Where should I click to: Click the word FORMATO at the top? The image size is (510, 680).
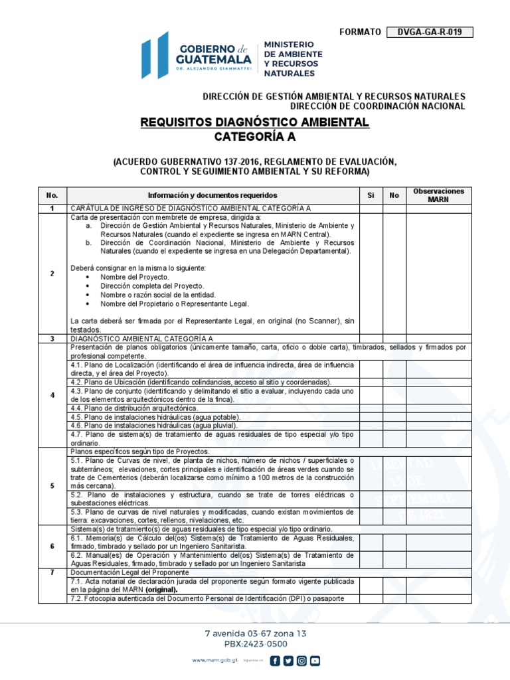click(x=360, y=32)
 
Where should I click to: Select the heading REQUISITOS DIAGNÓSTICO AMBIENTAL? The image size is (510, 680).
click(x=255, y=123)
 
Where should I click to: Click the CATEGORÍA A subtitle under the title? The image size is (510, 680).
click(x=255, y=137)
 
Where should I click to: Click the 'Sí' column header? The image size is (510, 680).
click(x=371, y=195)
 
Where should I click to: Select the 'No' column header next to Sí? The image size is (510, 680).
click(x=394, y=195)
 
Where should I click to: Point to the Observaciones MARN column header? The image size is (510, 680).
click(x=438, y=195)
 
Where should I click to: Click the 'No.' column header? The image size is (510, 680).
click(x=52, y=195)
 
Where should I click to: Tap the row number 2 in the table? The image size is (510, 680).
click(x=52, y=274)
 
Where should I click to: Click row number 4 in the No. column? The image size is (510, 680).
click(x=52, y=395)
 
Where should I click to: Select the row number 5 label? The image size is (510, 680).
click(x=52, y=485)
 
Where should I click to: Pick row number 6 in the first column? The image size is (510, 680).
click(x=52, y=545)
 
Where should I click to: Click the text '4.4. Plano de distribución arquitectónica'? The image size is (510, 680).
click(x=135, y=408)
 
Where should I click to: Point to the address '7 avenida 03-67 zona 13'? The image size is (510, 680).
click(x=255, y=634)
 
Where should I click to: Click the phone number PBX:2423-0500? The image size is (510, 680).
click(x=255, y=643)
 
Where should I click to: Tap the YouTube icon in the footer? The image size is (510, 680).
click(x=315, y=660)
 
